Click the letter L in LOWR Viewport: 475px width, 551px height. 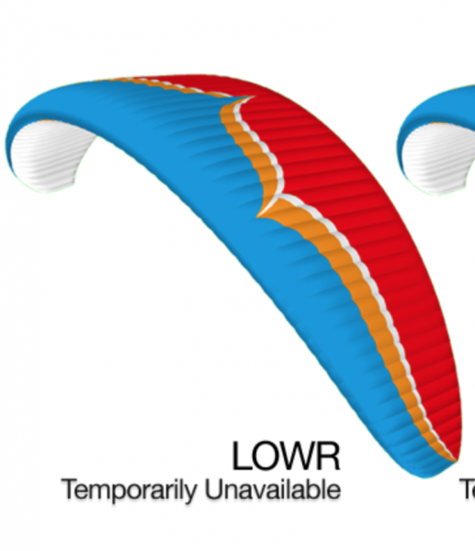tap(241, 455)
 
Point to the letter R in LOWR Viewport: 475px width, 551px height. tap(329, 455)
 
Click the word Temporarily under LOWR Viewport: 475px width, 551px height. tap(129, 490)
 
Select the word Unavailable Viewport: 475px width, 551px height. tap(273, 489)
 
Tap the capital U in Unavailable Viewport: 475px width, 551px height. tap(213, 489)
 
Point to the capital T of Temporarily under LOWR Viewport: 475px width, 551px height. tap(71, 489)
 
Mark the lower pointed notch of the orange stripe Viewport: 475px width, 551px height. tap(258, 216)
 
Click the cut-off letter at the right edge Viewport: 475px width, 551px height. tap(469, 489)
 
